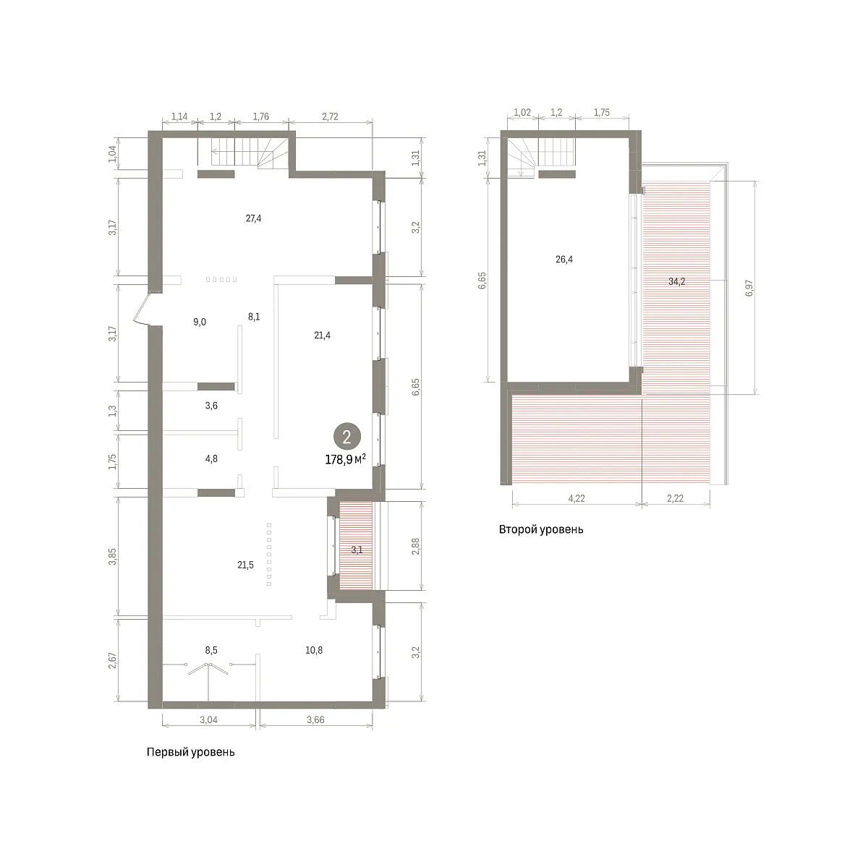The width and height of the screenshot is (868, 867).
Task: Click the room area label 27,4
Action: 253,218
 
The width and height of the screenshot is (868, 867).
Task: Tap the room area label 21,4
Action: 322,335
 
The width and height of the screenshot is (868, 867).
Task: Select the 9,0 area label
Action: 200,322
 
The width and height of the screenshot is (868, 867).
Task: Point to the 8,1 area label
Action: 254,317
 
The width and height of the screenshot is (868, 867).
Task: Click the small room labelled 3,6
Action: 211,406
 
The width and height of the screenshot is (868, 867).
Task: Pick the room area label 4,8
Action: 211,459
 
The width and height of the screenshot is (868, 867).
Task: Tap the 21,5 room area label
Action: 245,565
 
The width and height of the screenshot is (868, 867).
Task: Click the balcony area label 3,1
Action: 357,550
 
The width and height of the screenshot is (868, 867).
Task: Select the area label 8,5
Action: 211,650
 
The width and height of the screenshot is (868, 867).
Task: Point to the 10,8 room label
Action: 314,650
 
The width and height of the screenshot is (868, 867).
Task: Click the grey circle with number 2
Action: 347,437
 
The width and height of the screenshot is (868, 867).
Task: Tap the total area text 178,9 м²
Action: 346,459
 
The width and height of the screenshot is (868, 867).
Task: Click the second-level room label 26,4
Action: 564,260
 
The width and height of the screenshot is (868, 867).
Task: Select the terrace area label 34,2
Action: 676,282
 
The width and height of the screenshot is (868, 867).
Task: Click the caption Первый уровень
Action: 190,753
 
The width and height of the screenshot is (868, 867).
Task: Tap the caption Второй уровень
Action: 541,529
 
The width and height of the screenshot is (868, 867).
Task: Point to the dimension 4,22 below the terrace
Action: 576,499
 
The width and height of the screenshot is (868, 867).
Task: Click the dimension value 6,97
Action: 749,288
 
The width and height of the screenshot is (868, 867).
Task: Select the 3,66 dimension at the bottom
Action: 315,719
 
